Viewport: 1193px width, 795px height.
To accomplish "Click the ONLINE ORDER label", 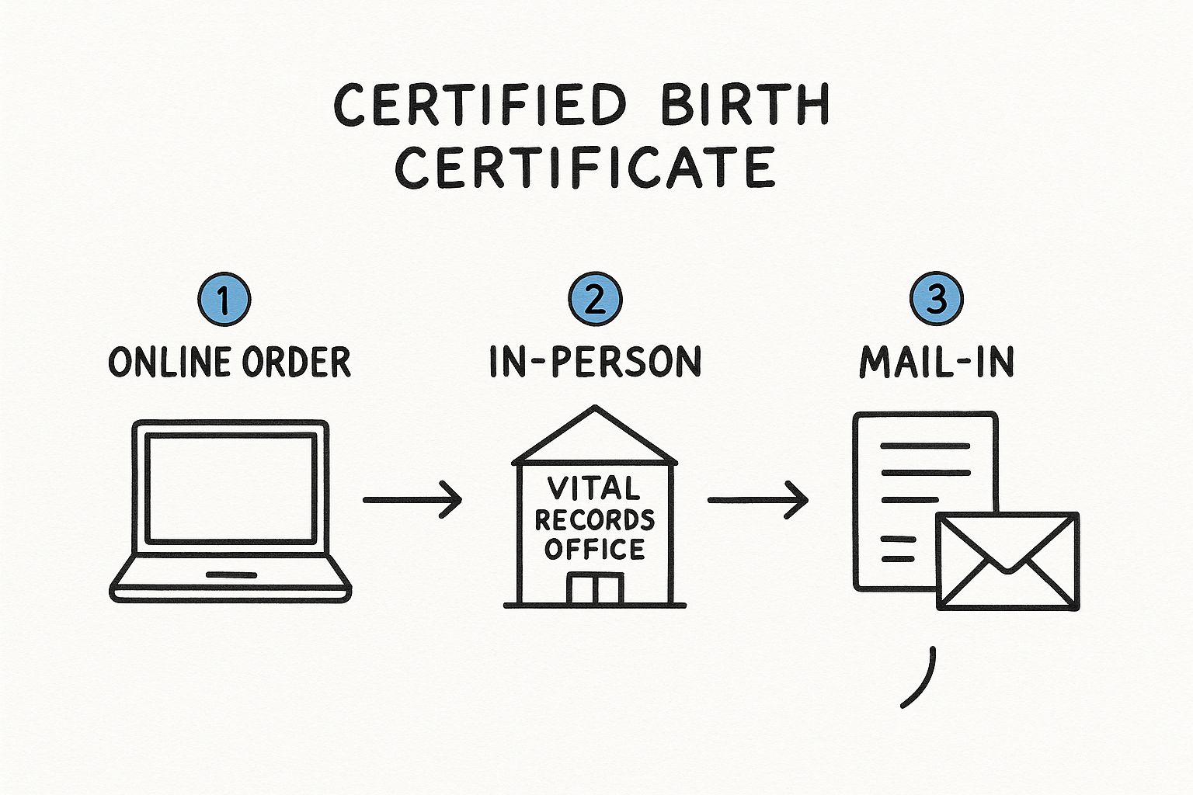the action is [x=229, y=363].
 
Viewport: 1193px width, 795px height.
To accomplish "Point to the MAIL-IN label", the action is [x=937, y=363].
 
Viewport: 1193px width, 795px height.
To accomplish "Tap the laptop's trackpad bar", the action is [x=231, y=575].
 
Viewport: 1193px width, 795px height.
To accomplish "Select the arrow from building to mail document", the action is [x=757, y=499].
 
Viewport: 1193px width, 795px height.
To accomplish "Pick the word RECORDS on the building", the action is [x=595, y=519].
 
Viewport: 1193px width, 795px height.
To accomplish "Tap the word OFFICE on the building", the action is [x=595, y=550].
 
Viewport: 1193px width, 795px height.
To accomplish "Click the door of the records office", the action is [x=595, y=589].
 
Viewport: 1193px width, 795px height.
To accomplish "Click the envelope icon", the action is [x=1008, y=561].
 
